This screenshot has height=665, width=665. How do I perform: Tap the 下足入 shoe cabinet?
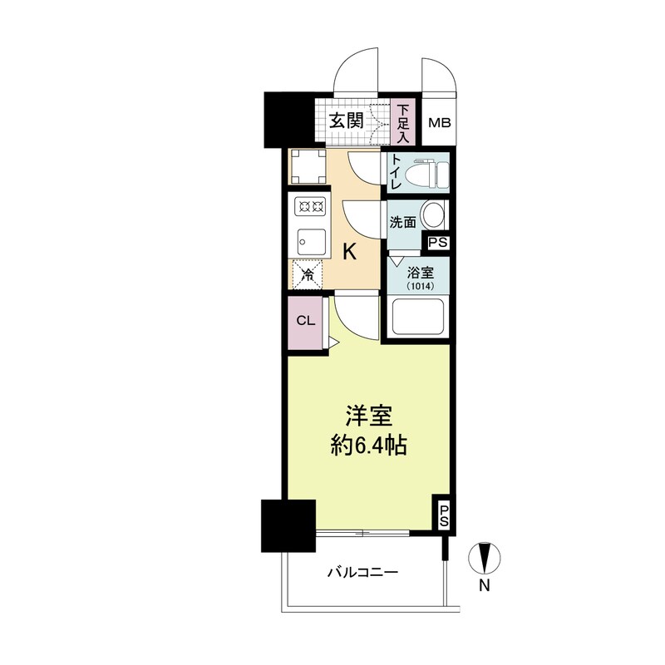coord(403,122)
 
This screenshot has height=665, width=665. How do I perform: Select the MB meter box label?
coord(439,123)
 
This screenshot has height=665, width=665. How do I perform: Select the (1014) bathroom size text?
coord(416,287)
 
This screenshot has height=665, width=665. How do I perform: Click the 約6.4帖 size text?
coord(369,446)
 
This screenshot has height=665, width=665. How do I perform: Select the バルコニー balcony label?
coord(362,572)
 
